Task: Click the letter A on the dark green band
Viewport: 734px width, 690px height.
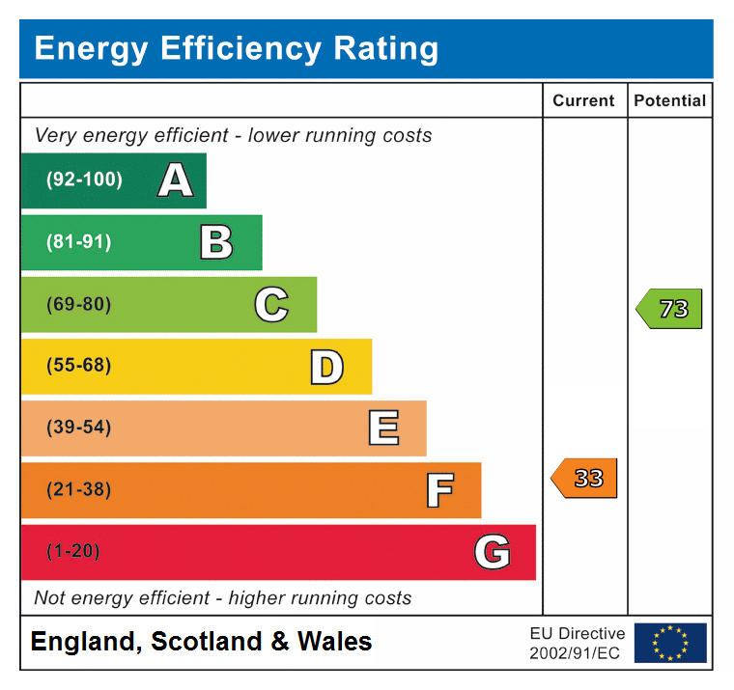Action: click(x=175, y=180)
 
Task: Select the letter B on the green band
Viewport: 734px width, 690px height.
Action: click(x=216, y=242)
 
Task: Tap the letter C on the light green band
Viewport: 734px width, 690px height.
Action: click(x=271, y=305)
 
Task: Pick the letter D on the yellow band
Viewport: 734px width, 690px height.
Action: click(x=326, y=367)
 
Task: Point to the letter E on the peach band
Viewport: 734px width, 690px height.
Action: click(x=383, y=428)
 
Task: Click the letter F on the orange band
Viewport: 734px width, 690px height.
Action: click(x=439, y=490)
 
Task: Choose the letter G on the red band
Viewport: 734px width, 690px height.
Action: click(x=492, y=552)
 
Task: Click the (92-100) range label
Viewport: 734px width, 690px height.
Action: click(x=85, y=180)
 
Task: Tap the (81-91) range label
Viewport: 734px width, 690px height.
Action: click(x=78, y=242)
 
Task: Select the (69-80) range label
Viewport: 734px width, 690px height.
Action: click(x=78, y=305)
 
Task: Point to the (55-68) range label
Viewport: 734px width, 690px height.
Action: click(x=78, y=367)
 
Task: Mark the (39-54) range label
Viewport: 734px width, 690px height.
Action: click(x=78, y=428)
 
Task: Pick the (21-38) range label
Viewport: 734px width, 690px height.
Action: click(x=78, y=490)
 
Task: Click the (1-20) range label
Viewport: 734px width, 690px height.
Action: click(x=73, y=552)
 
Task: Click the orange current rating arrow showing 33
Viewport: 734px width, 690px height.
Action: click(x=585, y=479)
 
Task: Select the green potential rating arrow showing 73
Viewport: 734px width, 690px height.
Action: click(x=670, y=310)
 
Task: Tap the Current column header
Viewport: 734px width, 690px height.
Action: click(x=583, y=100)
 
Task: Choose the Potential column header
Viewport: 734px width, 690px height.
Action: click(x=670, y=100)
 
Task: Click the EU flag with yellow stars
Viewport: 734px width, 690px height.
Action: click(x=670, y=643)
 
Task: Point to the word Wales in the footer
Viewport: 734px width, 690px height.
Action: click(x=334, y=642)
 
